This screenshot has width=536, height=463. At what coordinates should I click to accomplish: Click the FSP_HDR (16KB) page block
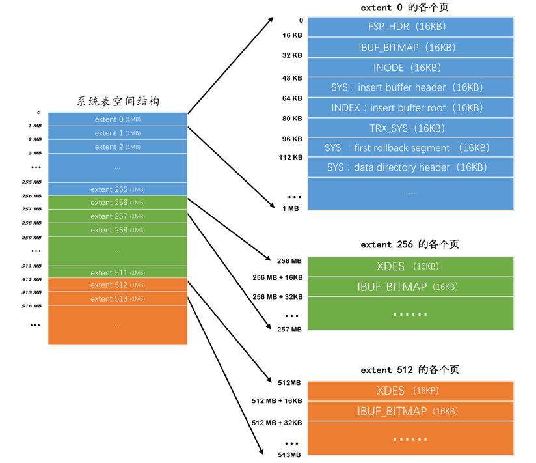point(410,27)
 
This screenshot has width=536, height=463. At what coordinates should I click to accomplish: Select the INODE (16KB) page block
point(410,68)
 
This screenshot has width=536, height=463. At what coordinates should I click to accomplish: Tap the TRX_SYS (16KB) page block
point(410,128)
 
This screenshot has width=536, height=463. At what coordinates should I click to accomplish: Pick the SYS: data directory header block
point(410,167)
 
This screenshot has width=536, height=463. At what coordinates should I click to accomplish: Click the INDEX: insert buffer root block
point(410,107)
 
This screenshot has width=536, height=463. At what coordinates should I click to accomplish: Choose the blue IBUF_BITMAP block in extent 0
point(410,48)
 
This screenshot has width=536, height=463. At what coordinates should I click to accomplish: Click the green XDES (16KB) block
point(410,266)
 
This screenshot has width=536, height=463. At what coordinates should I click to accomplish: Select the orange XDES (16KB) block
point(410,391)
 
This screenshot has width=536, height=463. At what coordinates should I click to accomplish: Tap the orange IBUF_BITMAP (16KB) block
point(410,411)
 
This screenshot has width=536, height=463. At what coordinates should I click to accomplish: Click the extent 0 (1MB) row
point(118,119)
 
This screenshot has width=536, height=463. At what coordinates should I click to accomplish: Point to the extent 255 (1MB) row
point(118,189)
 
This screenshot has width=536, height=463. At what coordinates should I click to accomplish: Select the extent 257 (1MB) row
point(118,216)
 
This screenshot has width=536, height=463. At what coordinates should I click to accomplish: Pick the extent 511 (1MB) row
point(118,273)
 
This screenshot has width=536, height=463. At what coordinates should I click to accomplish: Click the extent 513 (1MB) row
point(118,299)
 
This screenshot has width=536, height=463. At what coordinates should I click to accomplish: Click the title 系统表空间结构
point(118,102)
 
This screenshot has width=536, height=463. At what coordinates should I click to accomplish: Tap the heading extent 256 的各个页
point(410,245)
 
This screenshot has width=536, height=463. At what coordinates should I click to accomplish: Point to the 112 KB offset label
point(291,157)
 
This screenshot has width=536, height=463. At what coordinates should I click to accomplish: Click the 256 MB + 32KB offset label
point(277,297)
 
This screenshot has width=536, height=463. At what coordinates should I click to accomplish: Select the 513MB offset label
point(289,455)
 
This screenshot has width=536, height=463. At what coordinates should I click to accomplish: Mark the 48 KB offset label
point(292,78)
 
